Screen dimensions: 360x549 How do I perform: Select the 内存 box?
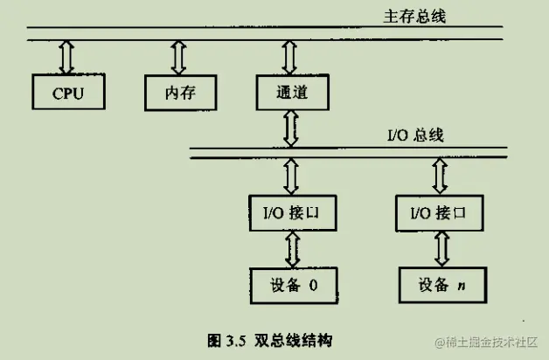coord(177,92)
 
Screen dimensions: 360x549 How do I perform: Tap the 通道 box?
coord(290,92)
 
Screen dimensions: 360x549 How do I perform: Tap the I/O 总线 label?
coord(416,135)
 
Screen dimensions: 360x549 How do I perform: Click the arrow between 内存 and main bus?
coord(178,57)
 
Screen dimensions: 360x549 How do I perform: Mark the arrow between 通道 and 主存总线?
coord(290,57)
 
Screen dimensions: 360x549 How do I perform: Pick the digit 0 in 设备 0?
coord(314,284)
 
